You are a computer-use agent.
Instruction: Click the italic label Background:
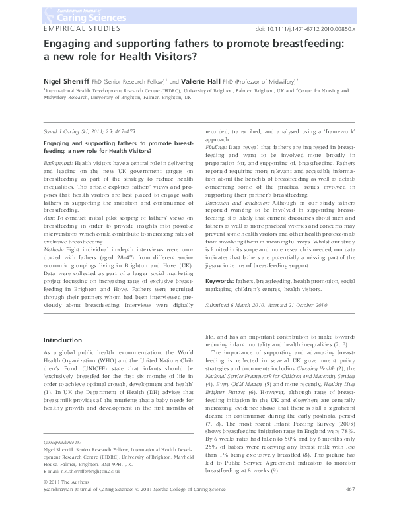[58, 162]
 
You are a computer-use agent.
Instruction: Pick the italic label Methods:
[55, 251]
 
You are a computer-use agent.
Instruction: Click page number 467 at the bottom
[351, 507]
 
